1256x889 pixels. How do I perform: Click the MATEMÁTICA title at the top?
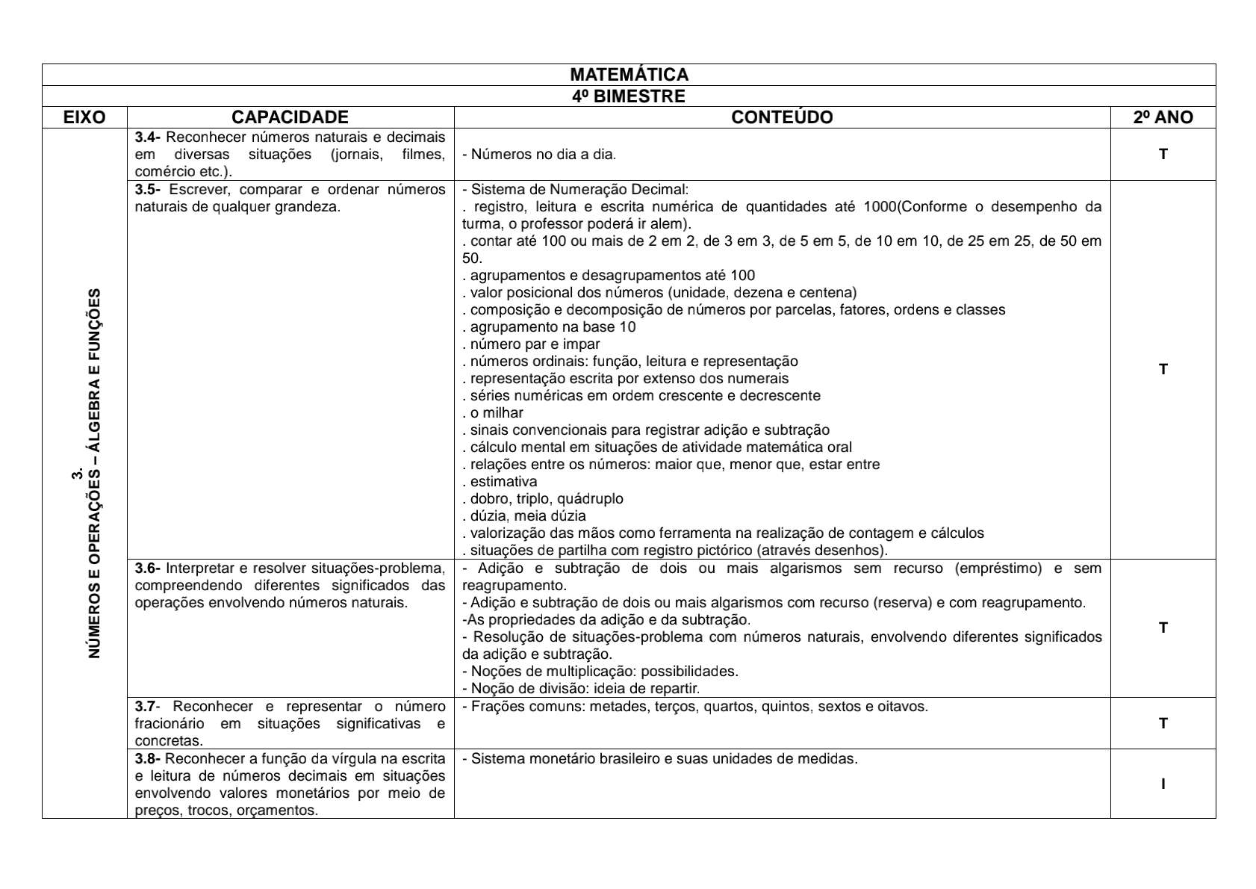click(x=629, y=75)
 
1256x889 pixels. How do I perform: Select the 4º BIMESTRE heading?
click(x=629, y=96)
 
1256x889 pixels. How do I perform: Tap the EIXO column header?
click(x=84, y=117)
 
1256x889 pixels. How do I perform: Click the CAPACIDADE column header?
click(x=290, y=117)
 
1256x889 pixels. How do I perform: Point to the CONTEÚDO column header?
click(x=782, y=117)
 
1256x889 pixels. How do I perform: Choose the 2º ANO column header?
click(x=1163, y=117)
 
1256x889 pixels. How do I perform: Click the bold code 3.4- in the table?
click(x=148, y=137)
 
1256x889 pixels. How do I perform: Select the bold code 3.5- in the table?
click(x=148, y=190)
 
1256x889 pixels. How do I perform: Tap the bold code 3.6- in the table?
click(x=148, y=569)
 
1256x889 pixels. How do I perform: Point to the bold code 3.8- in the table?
click(x=148, y=759)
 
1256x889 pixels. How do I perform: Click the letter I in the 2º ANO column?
click(x=1163, y=784)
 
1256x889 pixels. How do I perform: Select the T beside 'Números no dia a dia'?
click(x=1163, y=155)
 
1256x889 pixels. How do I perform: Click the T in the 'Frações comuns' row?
click(x=1163, y=723)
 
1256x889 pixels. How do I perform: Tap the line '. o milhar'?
click(x=494, y=413)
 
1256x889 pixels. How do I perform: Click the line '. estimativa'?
click(x=500, y=482)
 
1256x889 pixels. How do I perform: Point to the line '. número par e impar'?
click(x=532, y=344)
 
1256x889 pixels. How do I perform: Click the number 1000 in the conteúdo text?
click(x=879, y=207)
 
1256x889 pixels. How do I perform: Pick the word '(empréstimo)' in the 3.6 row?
click(x=998, y=569)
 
